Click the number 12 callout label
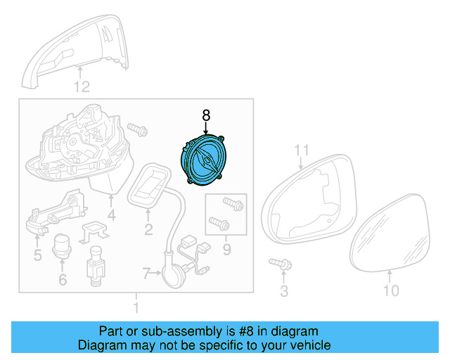82,87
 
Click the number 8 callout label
206,113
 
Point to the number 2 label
148,230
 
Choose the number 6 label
62,280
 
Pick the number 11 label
302,150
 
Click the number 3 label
284,290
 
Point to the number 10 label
391,290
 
